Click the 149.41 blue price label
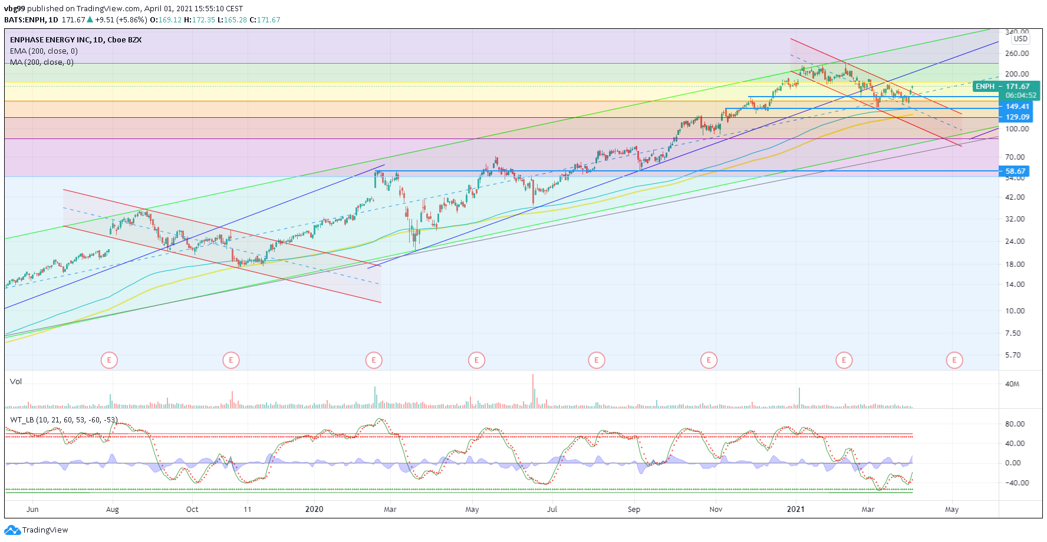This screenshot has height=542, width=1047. point(1016,107)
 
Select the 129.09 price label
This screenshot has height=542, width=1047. point(1016,117)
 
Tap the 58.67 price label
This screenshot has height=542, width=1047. point(1015,171)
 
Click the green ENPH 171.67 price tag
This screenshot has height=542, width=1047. point(1006,87)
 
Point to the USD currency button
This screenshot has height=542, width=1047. point(1020,39)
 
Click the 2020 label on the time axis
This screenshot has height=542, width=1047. point(314,510)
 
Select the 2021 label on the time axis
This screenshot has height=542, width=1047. point(796,510)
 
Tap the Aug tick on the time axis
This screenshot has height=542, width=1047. point(112,510)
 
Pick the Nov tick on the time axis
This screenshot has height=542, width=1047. point(716,510)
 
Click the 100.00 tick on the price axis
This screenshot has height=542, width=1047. point(1017,129)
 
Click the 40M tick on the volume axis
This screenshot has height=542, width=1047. point(1012,384)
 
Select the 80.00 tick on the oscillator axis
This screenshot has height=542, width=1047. point(1013,424)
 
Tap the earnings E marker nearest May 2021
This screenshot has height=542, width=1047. point(954,359)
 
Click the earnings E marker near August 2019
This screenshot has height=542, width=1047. point(109,359)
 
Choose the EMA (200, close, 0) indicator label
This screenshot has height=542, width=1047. point(44,51)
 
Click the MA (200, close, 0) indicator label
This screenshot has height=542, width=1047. point(41,62)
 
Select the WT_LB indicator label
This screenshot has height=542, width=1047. point(64,420)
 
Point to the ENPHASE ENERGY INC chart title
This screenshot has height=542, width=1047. point(75,40)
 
